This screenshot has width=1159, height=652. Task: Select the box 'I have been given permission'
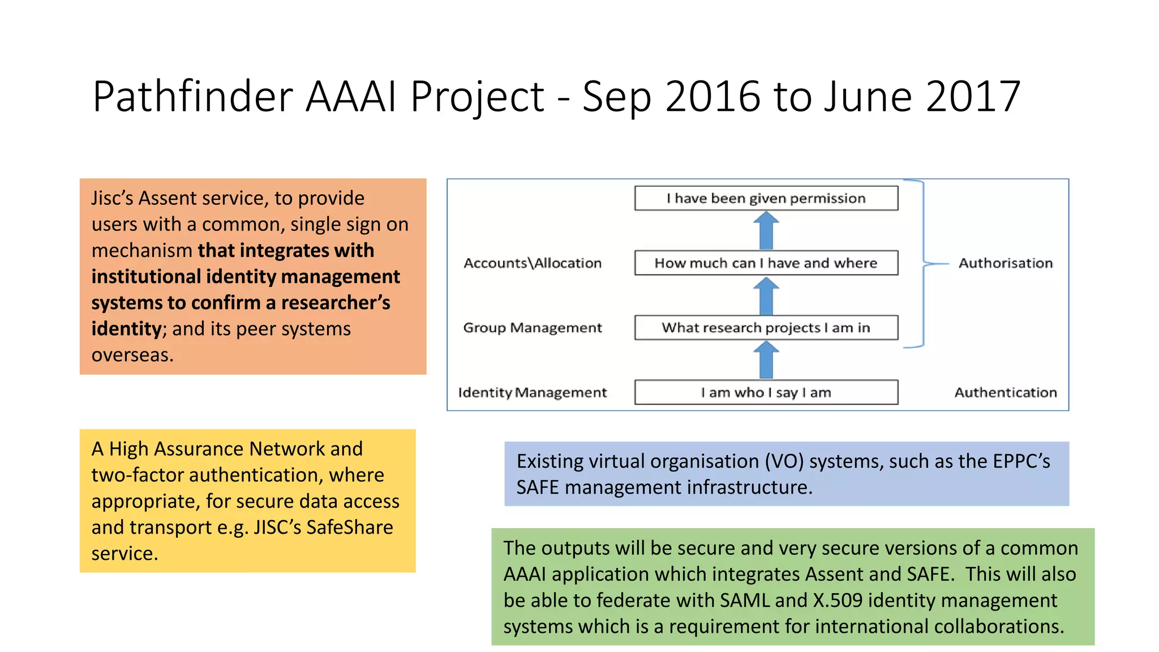pos(766,198)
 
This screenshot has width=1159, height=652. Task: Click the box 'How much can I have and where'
pos(766,263)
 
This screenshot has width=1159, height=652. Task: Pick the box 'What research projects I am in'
pos(766,328)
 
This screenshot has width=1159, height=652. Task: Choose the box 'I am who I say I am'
pos(766,392)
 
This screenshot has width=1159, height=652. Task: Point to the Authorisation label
pos(1006,263)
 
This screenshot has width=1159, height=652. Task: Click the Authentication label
pos(1006,392)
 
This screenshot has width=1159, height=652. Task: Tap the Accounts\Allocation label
pos(533,263)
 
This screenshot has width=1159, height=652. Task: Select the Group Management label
pos(533,328)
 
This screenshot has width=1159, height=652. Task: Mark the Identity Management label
pos(533,392)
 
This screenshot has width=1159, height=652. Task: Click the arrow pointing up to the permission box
pos(766,231)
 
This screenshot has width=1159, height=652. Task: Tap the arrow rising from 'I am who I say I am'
pos(766,361)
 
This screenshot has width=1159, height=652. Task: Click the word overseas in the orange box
pos(132,355)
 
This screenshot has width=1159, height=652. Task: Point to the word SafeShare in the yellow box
pos(349,527)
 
